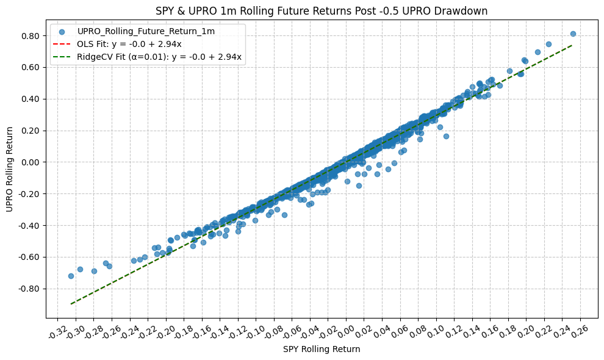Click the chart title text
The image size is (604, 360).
322,11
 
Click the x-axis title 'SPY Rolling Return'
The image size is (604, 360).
322,350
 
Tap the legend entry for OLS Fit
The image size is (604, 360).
129,44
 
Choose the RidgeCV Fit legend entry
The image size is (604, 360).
159,57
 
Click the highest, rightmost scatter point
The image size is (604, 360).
573,34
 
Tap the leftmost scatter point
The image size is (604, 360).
71,276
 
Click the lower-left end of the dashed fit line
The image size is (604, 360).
71,303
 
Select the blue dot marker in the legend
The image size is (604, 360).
62,31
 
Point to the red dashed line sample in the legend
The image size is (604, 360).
62,44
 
